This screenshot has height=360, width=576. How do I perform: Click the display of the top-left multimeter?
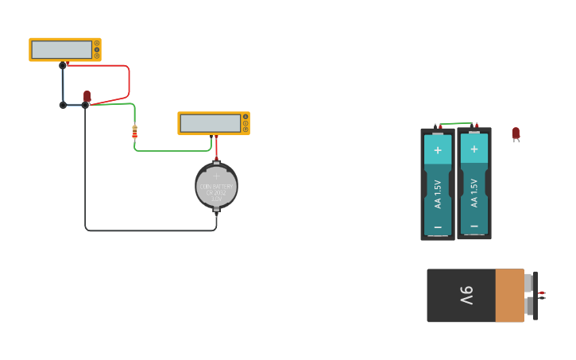coord(61,49)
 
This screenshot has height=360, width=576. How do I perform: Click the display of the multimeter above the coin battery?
coord(210,123)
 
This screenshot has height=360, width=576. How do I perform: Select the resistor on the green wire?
coord(134,132)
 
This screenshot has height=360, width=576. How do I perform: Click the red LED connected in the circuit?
coord(87,96)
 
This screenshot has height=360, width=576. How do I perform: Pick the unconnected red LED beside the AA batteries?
coord(516,134)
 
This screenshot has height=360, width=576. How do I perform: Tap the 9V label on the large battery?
coord(466,296)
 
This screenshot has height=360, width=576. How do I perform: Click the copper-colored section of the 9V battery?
coord(509,296)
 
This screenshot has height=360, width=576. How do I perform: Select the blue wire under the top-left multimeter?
coord(63,86)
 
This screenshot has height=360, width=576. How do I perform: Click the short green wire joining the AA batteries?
coord(457,123)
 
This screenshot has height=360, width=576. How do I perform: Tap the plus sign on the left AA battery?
coord(437,149)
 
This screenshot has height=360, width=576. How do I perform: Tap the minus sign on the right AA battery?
coord(474,226)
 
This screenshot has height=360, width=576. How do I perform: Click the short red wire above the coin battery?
coord(215,146)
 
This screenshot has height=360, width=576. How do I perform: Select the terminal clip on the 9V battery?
coord(534,296)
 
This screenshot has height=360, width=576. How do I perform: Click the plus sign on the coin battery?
coord(216,176)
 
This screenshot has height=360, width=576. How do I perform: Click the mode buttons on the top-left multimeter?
coord(97,49)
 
